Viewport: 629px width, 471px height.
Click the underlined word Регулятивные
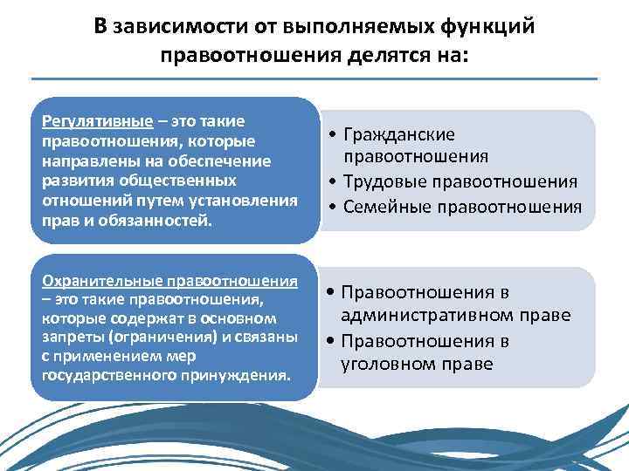click(x=87, y=120)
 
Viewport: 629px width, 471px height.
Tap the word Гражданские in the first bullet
click(x=399, y=135)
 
